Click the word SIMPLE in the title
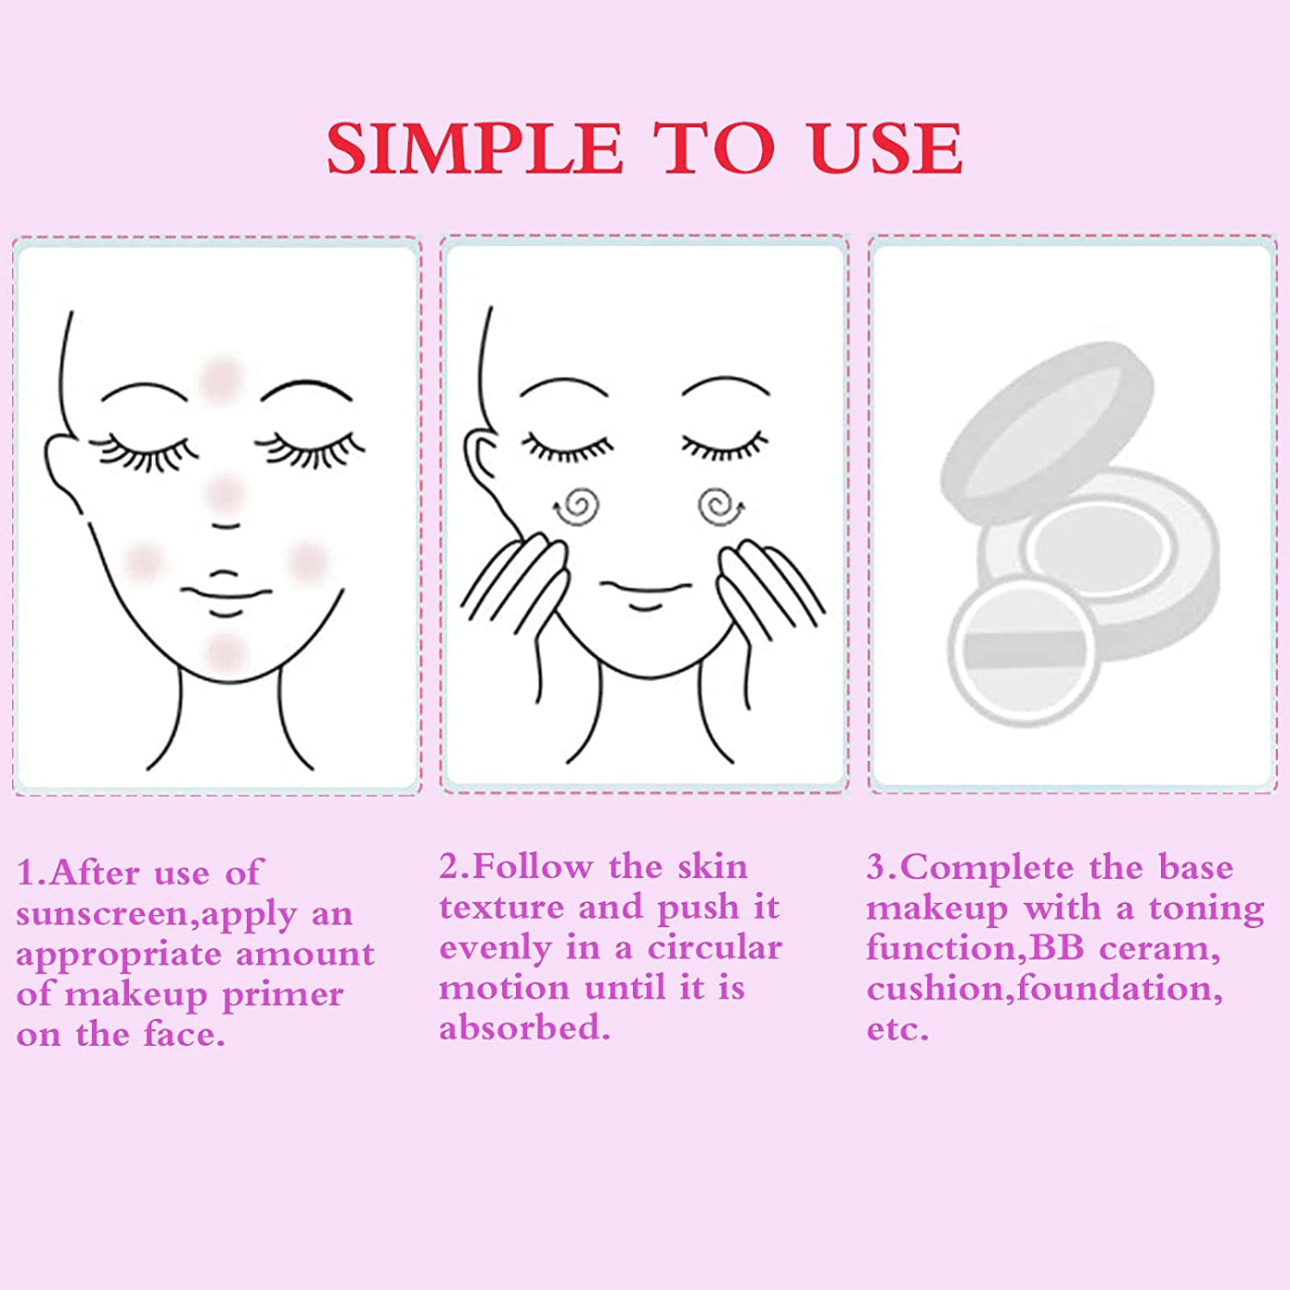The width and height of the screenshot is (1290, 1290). click(x=475, y=149)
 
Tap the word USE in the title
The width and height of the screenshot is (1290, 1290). click(x=886, y=149)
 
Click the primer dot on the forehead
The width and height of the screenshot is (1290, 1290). click(x=220, y=378)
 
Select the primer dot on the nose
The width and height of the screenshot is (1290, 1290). click(x=225, y=494)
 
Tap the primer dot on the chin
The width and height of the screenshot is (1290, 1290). click(x=225, y=653)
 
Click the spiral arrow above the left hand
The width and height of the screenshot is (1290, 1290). click(x=578, y=506)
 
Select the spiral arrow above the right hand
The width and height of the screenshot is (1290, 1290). click(x=719, y=506)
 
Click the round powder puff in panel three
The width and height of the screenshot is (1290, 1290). click(x=1024, y=650)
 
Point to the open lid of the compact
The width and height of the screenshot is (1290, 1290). click(x=1046, y=429)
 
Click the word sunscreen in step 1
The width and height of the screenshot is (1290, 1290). click(x=102, y=914)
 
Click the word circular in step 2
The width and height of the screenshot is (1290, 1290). click(x=714, y=948)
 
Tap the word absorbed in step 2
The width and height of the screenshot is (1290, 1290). click(x=523, y=1028)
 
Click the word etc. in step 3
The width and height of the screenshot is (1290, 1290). click(x=897, y=1029)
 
